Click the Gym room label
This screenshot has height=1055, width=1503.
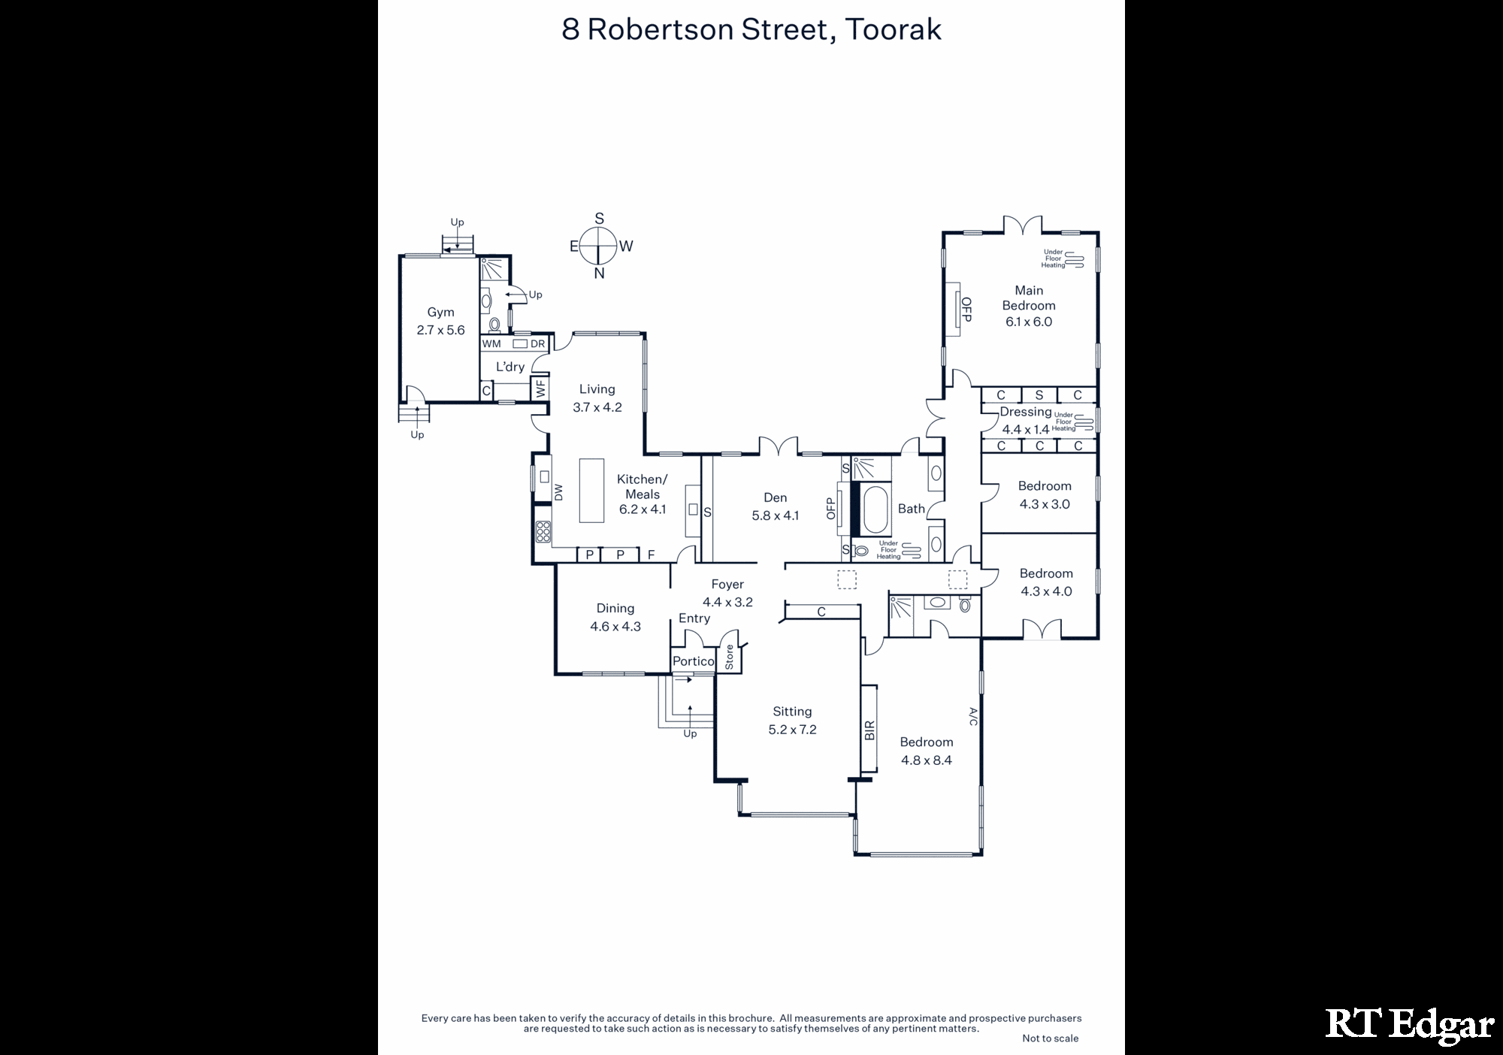(440, 313)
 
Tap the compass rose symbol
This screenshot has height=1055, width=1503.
(599, 246)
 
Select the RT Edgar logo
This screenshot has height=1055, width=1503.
(1409, 1025)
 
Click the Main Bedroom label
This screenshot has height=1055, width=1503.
(1029, 298)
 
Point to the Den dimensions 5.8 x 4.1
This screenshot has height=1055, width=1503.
(775, 515)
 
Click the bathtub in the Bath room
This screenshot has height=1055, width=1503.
(875, 510)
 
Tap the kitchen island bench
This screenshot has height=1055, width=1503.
(591, 490)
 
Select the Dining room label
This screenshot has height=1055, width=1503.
(615, 609)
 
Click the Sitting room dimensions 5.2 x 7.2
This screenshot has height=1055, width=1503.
(792, 730)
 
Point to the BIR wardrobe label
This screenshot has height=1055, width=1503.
(869, 730)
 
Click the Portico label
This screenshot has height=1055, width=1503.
(693, 661)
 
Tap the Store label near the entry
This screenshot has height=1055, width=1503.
(729, 657)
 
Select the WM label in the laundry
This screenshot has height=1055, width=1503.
(491, 344)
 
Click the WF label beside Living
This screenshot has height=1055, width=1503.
(540, 388)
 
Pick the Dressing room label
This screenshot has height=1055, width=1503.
(1025, 413)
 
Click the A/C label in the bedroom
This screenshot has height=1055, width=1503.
(972, 716)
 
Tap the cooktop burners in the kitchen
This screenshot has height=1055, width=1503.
(543, 531)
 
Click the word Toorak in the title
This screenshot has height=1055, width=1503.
(893, 29)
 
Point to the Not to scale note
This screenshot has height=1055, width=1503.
(1050, 1038)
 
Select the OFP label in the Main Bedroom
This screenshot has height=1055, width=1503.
(966, 310)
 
